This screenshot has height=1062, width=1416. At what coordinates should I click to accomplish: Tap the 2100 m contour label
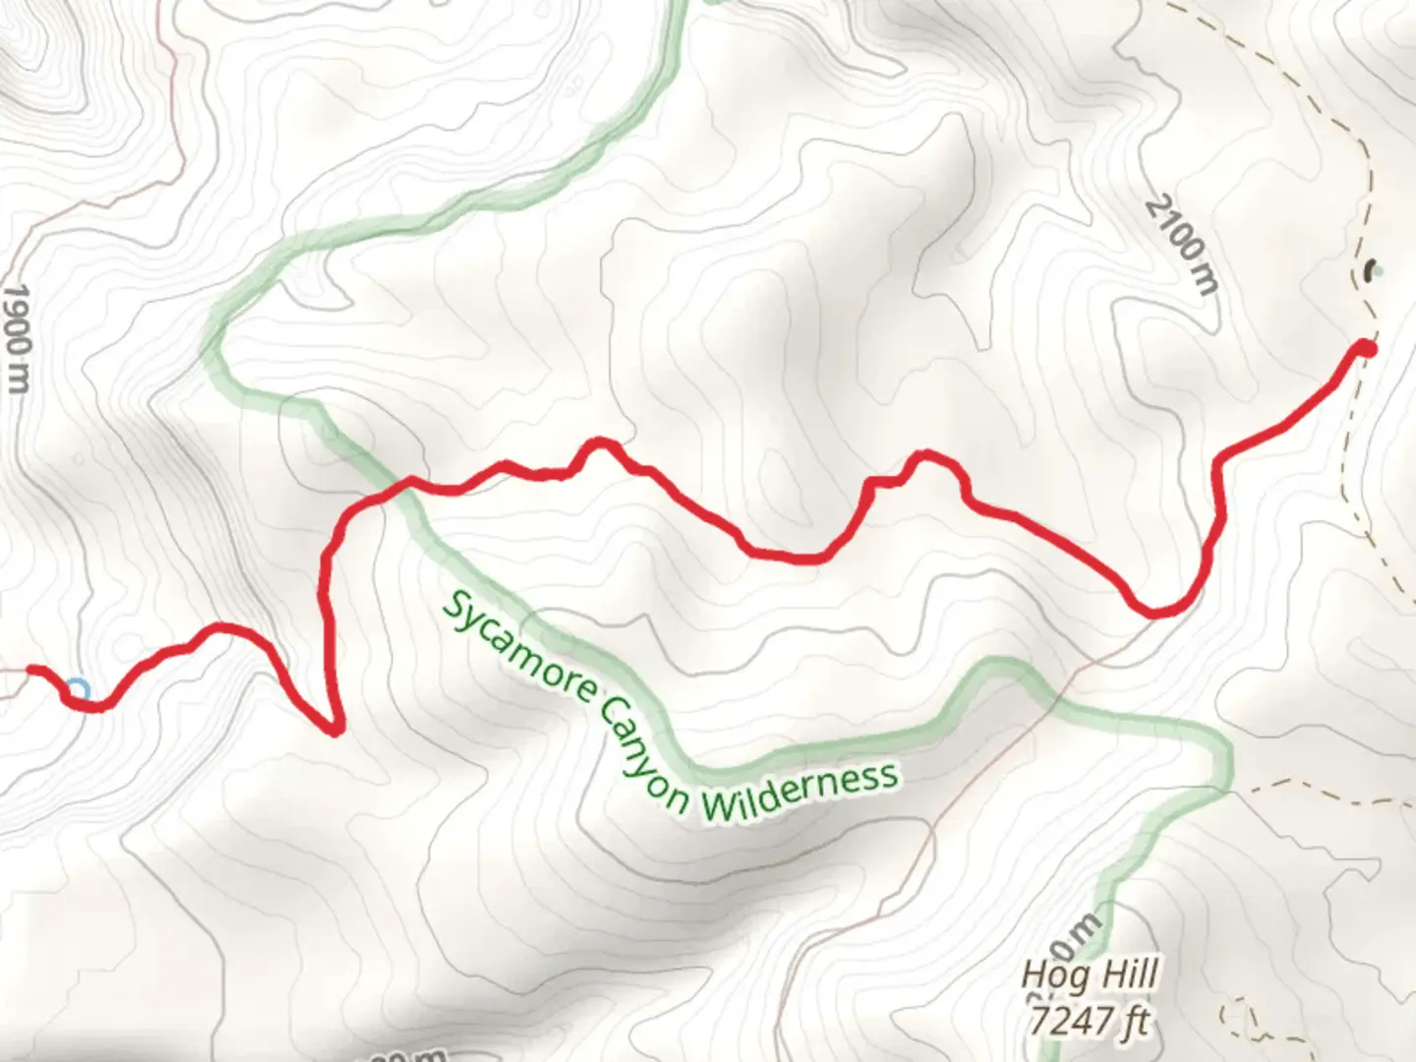[x=1181, y=245]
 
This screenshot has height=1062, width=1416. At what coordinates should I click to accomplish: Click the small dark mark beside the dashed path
[x=1371, y=267]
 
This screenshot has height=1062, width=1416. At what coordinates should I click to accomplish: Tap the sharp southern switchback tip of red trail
[x=335, y=730]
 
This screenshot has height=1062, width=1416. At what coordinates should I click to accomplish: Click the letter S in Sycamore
[x=454, y=608]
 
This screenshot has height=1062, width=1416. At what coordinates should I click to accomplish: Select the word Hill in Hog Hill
[x=1125, y=975]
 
